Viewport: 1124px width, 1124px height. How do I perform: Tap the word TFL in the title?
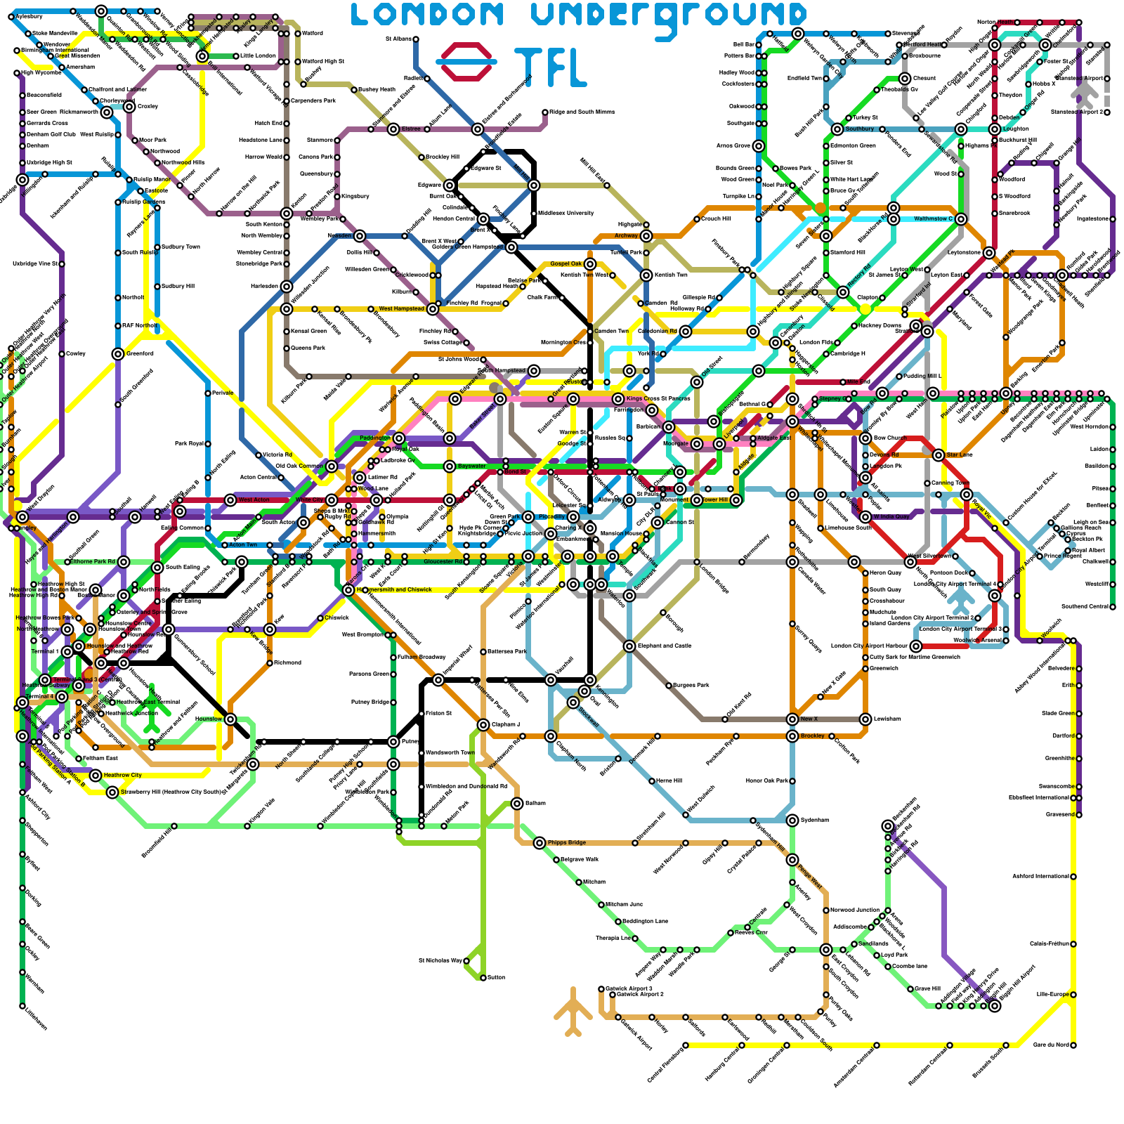(550, 67)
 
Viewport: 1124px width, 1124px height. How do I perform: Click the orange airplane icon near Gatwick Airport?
(573, 1012)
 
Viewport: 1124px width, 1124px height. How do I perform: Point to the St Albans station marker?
(416, 39)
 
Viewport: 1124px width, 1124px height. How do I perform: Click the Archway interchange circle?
(646, 236)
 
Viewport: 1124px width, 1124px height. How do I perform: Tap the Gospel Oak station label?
(566, 263)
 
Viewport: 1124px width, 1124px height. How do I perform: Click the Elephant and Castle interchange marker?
(629, 646)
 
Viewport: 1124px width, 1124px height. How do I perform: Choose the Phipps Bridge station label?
(567, 842)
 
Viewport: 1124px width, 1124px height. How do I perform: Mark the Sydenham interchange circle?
(792, 821)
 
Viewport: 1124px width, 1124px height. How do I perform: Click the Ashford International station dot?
(1073, 877)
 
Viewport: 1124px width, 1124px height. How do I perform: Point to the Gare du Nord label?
(1051, 1045)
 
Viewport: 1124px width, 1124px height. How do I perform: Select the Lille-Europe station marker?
(1073, 995)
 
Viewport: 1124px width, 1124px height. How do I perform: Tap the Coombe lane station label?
(910, 966)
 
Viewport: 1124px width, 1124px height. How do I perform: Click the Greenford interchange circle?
(118, 354)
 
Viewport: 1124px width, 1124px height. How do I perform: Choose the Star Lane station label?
(959, 455)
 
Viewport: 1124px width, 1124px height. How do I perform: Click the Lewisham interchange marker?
(865, 719)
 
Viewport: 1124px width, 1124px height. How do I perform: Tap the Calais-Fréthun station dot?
(1073, 944)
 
